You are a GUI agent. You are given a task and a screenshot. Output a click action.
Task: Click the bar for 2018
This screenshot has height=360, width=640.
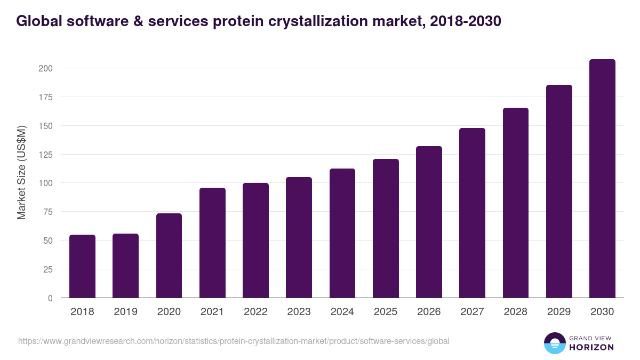pyautogui.click(x=82, y=266)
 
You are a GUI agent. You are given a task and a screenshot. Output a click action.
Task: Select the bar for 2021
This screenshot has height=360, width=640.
pyautogui.click(x=212, y=243)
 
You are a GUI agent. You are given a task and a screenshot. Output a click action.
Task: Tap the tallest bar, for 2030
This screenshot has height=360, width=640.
pyautogui.click(x=602, y=179)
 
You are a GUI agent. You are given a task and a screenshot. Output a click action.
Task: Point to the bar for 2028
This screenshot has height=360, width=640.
pyautogui.click(x=516, y=203)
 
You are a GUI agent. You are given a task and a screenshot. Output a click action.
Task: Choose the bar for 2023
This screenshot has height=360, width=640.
pyautogui.click(x=299, y=237)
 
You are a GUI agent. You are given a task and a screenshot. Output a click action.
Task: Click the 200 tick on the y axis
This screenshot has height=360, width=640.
pyautogui.click(x=45, y=68)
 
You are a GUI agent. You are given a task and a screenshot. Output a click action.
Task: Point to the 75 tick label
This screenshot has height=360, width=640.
pyautogui.click(x=47, y=212)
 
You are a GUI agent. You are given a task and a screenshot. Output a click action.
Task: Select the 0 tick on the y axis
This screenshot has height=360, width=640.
pyautogui.click(x=50, y=298)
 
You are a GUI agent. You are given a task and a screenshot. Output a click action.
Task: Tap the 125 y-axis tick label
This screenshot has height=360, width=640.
pyautogui.click(x=45, y=155)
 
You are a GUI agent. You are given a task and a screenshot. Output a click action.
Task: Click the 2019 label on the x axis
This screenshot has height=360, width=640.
pyautogui.click(x=125, y=312)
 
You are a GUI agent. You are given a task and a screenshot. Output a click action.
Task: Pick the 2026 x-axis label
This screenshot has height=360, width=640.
pyautogui.click(x=429, y=312)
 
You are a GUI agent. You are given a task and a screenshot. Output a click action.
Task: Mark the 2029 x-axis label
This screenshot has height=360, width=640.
pyautogui.click(x=559, y=312)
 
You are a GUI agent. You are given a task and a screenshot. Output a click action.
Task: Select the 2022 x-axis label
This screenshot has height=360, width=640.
pyautogui.click(x=255, y=312)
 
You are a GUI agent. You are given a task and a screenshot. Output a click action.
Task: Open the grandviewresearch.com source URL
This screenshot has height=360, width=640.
pyautogui.click(x=234, y=341)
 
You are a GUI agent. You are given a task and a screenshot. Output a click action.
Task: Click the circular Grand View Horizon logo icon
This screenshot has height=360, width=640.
pyautogui.click(x=555, y=343)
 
